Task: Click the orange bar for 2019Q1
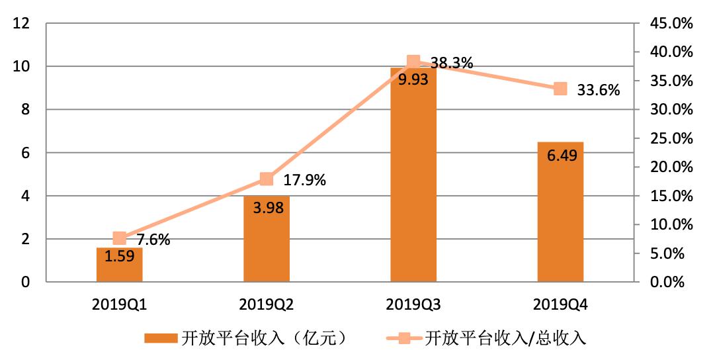tap(120, 265)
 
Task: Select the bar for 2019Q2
tap(267, 238)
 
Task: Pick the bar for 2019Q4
tap(560, 212)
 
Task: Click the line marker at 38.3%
tap(413, 63)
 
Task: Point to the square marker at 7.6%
tap(120, 238)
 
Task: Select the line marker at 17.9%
tap(267, 179)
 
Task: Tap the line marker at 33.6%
tap(560, 89)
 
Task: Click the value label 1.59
tap(120, 256)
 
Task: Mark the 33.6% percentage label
tap(598, 91)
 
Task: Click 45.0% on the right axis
tap(671, 24)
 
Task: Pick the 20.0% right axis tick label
tap(671, 167)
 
